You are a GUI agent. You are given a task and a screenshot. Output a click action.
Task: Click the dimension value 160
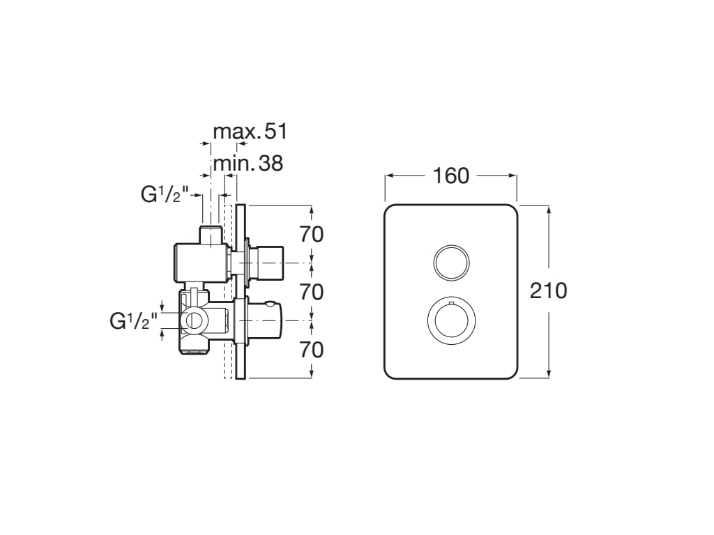pos(450,176)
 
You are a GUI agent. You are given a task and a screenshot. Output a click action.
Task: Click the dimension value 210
pos(548,291)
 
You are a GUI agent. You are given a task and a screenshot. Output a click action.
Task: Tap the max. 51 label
pos(250,132)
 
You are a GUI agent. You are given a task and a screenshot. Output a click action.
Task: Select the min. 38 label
pos(248,163)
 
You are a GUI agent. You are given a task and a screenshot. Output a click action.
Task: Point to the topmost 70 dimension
pos(312,235)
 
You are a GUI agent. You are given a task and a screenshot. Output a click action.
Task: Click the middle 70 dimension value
pos(312,292)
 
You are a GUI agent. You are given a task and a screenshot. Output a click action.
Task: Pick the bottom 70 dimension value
pos(312,350)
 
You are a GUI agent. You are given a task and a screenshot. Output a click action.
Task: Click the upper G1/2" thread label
pos(165,195)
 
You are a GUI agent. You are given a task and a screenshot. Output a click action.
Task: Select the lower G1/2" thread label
pos(133,321)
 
